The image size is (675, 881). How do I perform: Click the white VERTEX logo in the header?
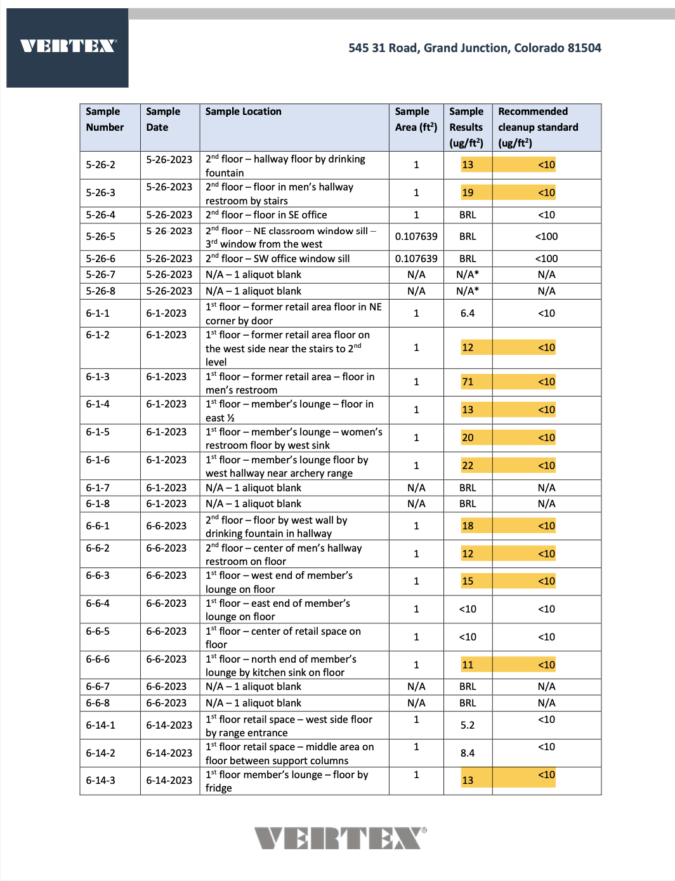coord(68,46)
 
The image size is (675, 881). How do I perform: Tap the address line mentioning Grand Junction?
coord(475,48)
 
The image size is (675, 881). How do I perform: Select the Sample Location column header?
coord(244,112)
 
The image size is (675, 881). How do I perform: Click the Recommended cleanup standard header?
coord(538,127)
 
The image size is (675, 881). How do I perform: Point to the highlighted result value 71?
coord(468,382)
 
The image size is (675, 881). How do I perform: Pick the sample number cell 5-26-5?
coord(101,237)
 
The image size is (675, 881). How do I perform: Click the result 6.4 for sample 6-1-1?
coord(468,314)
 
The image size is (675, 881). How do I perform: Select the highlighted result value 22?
coord(468,466)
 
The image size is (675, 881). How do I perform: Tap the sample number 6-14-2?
coord(101,753)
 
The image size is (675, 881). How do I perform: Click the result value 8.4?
coord(468,753)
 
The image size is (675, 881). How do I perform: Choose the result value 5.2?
coord(468,725)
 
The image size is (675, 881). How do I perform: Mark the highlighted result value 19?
coord(468,193)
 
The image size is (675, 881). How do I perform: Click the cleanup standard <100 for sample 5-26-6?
coord(546,259)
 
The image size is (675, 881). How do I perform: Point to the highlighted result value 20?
coord(468,438)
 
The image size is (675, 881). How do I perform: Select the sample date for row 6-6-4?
coord(166,604)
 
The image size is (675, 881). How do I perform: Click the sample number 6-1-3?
coord(98,377)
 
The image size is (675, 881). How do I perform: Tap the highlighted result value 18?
coord(468,526)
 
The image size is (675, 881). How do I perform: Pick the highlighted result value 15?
coord(468,581)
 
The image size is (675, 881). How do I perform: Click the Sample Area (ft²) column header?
coord(416,119)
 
